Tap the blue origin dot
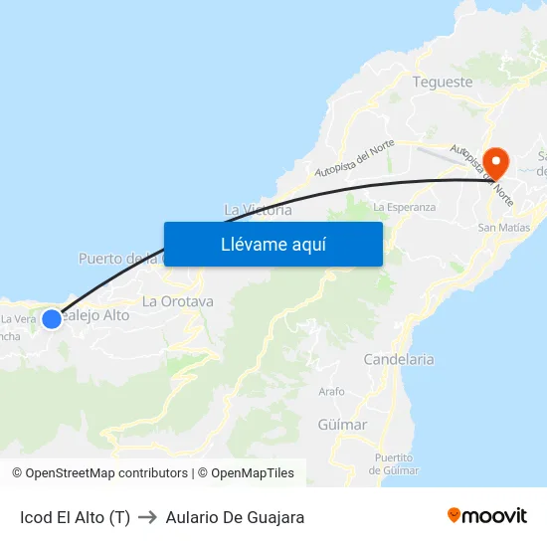[52, 318]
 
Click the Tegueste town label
[442, 82]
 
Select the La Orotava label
[178, 301]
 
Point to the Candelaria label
[399, 359]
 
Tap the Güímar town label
[342, 425]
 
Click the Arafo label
[331, 392]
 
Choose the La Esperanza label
[404, 207]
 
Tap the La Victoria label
[258, 210]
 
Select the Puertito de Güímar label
[394, 463]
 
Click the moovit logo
[486, 515]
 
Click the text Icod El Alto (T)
[75, 517]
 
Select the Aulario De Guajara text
[235, 517]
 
